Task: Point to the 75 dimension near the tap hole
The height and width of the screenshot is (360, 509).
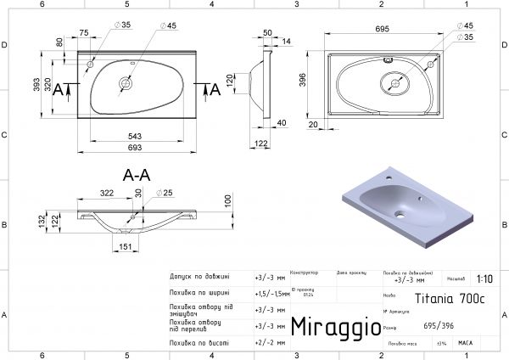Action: pos(84,33)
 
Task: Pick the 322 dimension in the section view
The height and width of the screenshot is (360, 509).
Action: pos(105,194)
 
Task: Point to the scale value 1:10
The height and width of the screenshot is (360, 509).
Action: pos(484,278)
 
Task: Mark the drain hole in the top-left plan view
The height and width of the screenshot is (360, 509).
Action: pos(126,83)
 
